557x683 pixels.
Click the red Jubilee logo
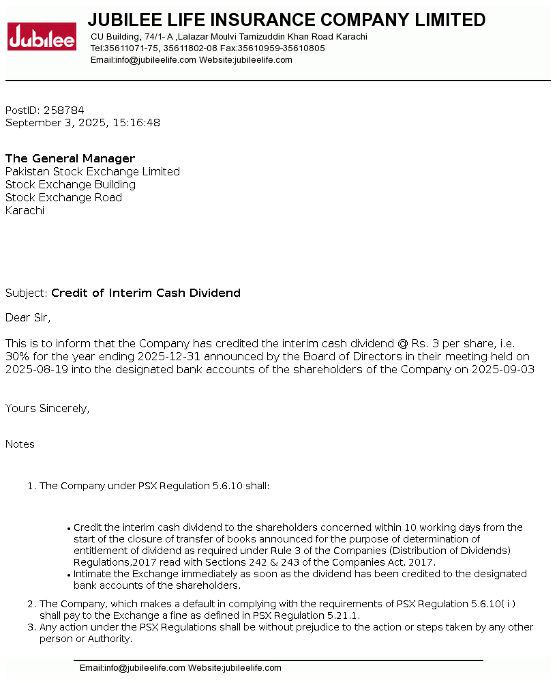pos(42,36)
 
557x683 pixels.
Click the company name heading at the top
pos(286,20)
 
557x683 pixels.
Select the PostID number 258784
pos(64,110)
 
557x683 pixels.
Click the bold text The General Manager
pos(70,158)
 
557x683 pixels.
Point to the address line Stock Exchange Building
pos(70,184)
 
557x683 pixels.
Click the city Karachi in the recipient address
pos(25,210)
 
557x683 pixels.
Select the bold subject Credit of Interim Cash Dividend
pos(146,293)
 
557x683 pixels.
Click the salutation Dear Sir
pos(28,317)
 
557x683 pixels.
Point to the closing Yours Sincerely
pos(47,408)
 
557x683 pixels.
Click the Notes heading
pos(20,444)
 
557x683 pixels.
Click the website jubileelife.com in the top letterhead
pos(263,60)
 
